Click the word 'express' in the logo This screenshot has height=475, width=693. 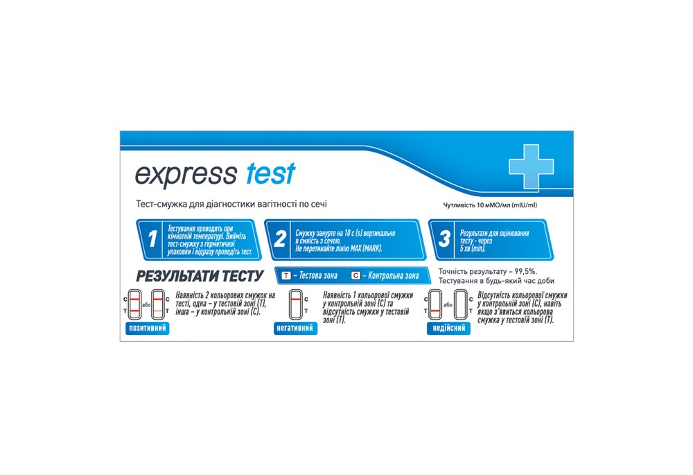click(x=185, y=175)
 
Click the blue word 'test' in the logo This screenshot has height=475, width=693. click(x=270, y=173)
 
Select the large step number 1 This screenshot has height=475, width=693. click(x=152, y=240)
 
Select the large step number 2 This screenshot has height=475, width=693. click(x=280, y=240)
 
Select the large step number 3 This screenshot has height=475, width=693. click(x=444, y=240)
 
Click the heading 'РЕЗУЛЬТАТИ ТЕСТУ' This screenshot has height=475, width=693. click(x=199, y=276)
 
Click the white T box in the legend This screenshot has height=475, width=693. click(x=286, y=276)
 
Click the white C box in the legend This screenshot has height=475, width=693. click(x=356, y=276)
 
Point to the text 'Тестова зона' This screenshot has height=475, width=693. click(x=315, y=276)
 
